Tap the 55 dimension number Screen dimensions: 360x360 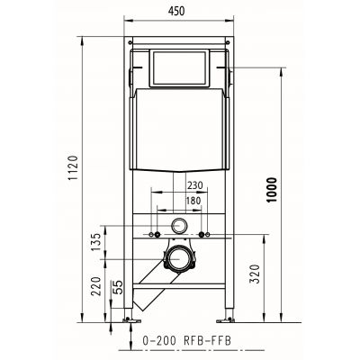(x=118, y=288)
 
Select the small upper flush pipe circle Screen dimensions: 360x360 (x=180, y=227)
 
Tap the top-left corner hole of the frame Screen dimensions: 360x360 (x=133, y=43)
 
